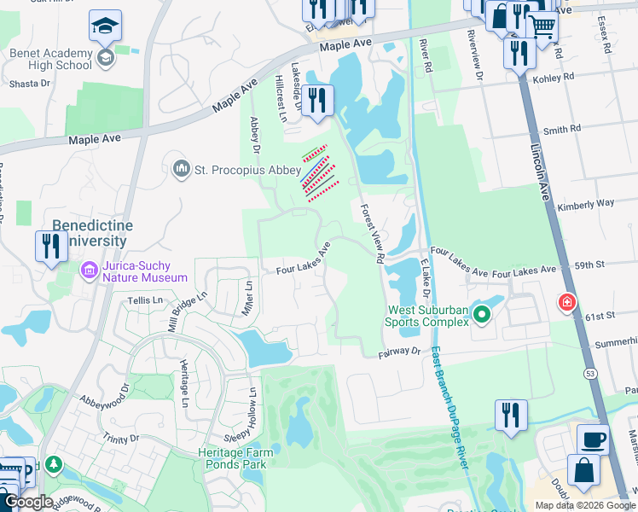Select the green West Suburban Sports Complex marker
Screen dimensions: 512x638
482,315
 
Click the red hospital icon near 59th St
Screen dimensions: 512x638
565,302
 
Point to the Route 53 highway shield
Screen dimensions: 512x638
589,374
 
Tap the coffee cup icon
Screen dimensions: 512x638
593,439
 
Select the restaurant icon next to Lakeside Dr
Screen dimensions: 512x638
317,101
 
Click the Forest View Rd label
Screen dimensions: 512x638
372,233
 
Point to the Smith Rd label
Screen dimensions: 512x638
562,129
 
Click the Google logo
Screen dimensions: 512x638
27,502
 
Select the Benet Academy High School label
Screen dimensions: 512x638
51,59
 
